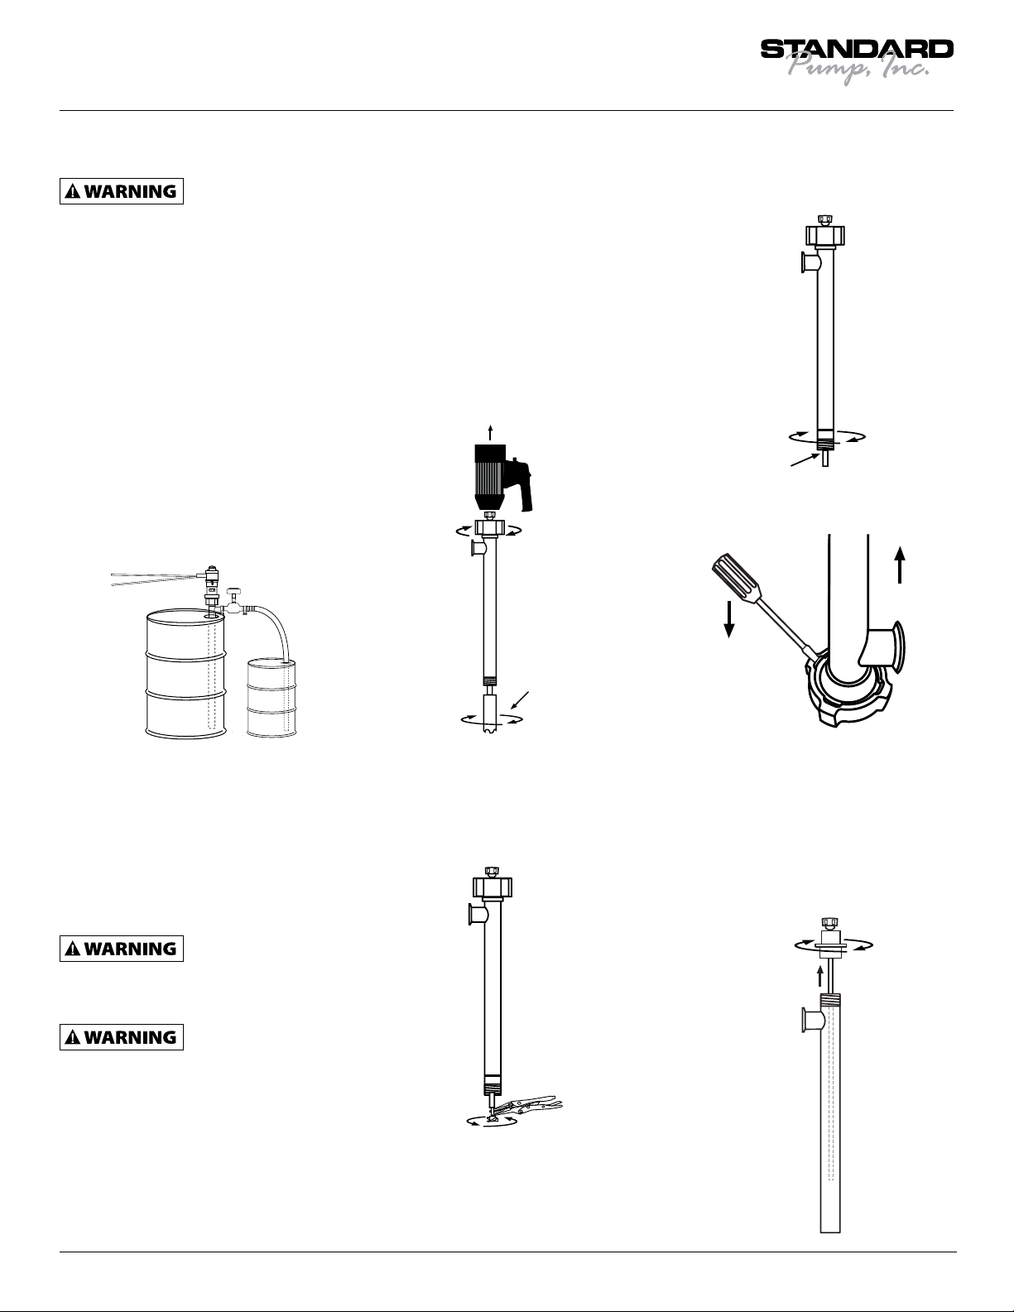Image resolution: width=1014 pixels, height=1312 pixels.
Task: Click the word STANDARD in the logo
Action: (857, 50)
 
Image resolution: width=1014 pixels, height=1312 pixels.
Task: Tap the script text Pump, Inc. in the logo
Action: (858, 69)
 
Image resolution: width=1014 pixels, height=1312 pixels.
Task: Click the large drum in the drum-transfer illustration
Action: (186, 673)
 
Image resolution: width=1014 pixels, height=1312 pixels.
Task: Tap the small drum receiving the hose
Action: (272, 698)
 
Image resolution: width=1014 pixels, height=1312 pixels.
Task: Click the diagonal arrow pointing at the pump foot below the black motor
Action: (519, 699)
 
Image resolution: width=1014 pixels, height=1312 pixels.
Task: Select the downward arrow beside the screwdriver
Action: (729, 619)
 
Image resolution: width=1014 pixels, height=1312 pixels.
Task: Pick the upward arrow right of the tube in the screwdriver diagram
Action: (900, 565)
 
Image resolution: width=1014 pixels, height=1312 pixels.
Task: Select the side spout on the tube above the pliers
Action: (476, 914)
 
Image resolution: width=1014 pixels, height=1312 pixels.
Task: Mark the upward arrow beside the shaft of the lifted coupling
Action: (819, 976)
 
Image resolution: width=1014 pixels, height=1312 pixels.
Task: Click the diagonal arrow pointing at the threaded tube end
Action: (805, 459)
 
